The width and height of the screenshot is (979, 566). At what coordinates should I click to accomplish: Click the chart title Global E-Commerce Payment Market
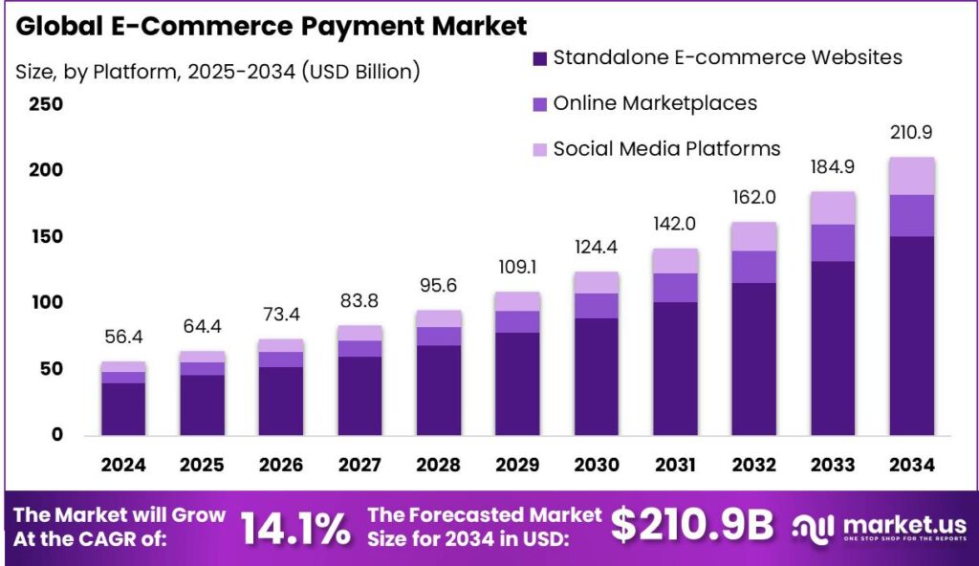pyautogui.click(x=272, y=25)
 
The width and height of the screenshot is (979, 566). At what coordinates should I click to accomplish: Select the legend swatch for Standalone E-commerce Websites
pyautogui.click(x=538, y=58)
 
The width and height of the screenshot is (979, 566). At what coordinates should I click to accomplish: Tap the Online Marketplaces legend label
pyautogui.click(x=655, y=103)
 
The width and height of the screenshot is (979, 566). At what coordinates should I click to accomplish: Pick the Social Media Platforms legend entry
pyautogui.click(x=666, y=148)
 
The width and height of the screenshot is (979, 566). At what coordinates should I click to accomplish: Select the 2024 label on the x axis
pyautogui.click(x=123, y=465)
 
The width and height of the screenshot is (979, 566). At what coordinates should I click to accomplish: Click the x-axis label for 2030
pyautogui.click(x=597, y=465)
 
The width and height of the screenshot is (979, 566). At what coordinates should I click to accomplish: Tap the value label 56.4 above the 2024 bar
pyautogui.click(x=123, y=337)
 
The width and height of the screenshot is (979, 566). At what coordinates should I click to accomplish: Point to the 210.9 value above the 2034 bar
pyautogui.click(x=911, y=133)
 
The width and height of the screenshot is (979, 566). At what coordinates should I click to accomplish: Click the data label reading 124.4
pyautogui.click(x=597, y=249)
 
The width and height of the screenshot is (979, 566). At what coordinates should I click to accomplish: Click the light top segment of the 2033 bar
pyautogui.click(x=833, y=207)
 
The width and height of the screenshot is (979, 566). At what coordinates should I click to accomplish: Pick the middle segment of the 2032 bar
pyautogui.click(x=754, y=267)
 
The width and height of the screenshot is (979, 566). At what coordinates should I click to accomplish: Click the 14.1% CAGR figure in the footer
pyautogui.click(x=294, y=527)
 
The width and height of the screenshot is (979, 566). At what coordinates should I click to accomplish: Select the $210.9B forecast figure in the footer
pyautogui.click(x=691, y=525)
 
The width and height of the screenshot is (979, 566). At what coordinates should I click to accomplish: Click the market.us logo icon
pyautogui.click(x=814, y=527)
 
